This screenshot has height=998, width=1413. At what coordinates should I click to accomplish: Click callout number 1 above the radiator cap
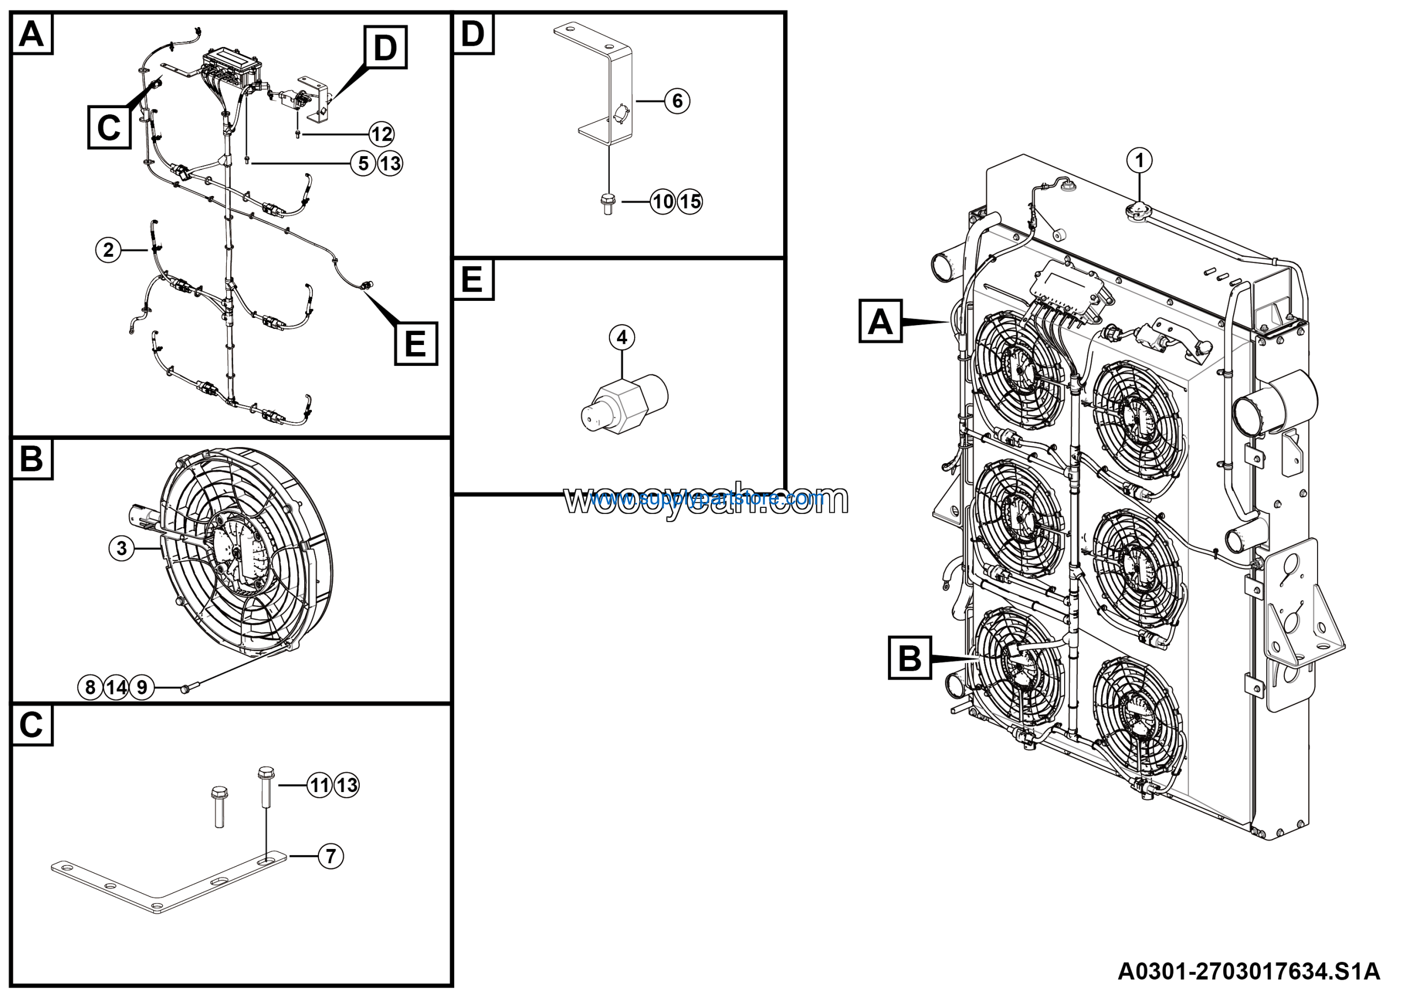coord(1139,161)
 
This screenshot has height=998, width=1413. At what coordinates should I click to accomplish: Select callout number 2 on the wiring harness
coord(108,250)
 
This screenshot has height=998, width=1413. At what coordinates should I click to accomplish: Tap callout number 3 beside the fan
coord(121,548)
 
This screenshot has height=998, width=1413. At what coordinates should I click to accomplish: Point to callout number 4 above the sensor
coord(621,337)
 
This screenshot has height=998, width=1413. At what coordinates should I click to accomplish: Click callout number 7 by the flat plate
coord(331,856)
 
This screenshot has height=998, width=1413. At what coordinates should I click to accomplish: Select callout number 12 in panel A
coord(381,134)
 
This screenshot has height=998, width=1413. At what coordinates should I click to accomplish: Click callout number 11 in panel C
coord(320,785)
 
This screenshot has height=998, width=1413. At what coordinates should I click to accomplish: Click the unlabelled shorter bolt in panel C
coord(219,806)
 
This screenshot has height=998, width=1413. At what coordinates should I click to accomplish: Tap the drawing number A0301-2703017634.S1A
coord(1249,971)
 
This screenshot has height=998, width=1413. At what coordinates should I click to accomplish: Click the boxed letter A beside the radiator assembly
coord(880,321)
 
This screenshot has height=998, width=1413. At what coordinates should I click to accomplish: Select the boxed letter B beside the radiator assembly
coord(909,658)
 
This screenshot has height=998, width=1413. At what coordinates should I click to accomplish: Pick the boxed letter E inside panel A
coord(416,343)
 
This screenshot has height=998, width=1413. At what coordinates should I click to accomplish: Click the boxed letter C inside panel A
coord(109,128)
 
